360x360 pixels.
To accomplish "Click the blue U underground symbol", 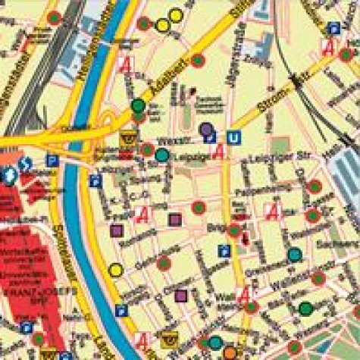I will pyautogui.click(x=235, y=137).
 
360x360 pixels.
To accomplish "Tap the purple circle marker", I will pyautogui.click(x=206, y=130).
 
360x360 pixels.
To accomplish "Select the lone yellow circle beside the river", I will pyautogui.click(x=115, y=269).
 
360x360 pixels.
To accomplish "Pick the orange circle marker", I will pyautogui.click(x=230, y=352).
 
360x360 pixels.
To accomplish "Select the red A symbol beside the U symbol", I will pyautogui.click(x=221, y=152).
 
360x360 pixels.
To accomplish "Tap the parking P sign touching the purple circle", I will pyautogui.click(x=211, y=137).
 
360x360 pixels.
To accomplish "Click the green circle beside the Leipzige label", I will pyautogui.click(x=162, y=155).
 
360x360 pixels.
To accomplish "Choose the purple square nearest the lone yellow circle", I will pyautogui.click(x=117, y=231).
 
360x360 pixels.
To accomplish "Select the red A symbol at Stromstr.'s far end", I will pyautogui.click(x=329, y=46).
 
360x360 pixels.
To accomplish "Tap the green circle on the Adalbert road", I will pyautogui.click(x=138, y=106).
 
